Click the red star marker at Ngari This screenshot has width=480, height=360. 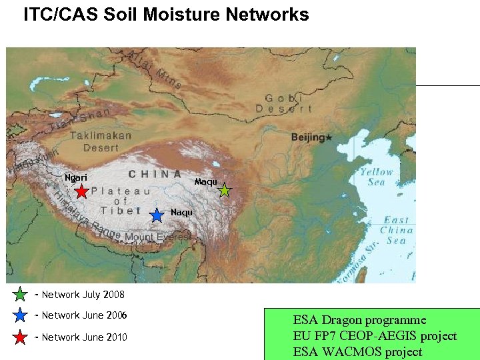(81, 192)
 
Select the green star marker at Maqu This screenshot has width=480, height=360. (225, 191)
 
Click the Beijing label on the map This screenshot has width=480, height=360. (309, 137)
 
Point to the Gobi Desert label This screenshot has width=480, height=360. (284, 103)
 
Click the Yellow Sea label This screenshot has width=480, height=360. (377, 177)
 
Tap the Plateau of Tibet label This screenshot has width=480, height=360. (121, 200)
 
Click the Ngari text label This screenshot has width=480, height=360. (75, 177)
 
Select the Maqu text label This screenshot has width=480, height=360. (205, 181)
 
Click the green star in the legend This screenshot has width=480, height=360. (21, 294)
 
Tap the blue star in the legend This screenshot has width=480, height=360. (21, 315)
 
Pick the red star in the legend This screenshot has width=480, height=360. (21, 337)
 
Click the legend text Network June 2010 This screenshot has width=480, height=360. (84, 337)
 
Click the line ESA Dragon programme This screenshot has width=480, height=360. (359, 321)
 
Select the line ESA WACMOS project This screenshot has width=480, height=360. (357, 351)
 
